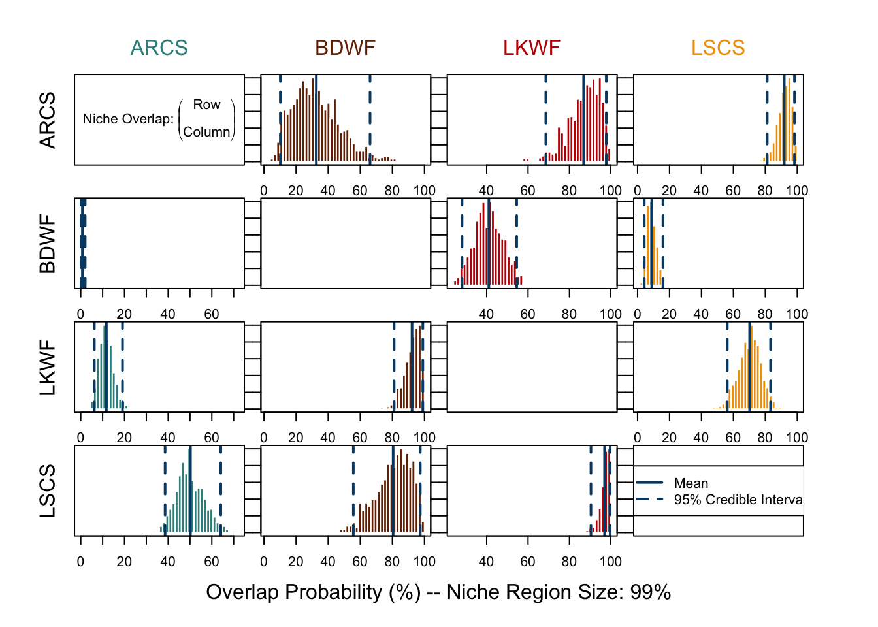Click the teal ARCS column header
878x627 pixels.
coord(159,48)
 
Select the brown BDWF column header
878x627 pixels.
coord(345,48)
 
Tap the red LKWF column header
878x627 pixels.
coord(532,48)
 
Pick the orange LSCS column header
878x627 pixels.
coord(718,48)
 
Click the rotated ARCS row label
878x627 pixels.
coord(48,120)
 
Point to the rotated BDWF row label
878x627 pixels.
coord(48,244)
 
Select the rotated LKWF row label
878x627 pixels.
coord(48,368)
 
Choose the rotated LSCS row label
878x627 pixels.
coord(48,491)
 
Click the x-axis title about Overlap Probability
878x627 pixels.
coord(438,592)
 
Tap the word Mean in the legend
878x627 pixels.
coord(691,483)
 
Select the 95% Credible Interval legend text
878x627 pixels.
coord(738,500)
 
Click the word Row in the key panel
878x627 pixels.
coord(206,104)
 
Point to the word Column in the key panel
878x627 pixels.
coord(206,132)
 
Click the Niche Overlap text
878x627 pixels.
coord(128,119)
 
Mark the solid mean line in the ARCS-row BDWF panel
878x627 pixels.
coord(316,118)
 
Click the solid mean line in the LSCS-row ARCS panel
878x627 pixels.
coord(190,490)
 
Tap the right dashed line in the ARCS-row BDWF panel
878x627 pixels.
coord(370,118)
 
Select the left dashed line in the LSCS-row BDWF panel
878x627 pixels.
coord(353,490)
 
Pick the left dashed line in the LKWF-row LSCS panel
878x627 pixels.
coord(727,366)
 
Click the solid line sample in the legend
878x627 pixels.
coord(649,483)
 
